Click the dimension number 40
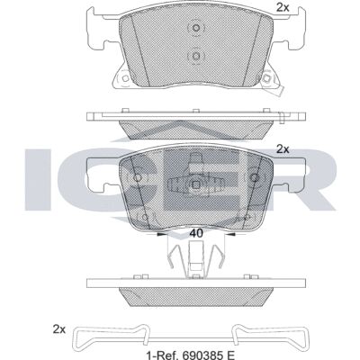pyautogui.click(x=196, y=233)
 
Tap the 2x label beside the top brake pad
pyautogui.click(x=283, y=7)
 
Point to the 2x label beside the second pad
pyautogui.click(x=283, y=149)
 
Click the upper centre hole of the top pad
pyautogui.click(x=195, y=28)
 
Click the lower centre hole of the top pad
pyautogui.click(x=195, y=56)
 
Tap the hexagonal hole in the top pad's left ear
pyautogui.click(x=125, y=78)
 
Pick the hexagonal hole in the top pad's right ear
pyautogui.click(x=265, y=78)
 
